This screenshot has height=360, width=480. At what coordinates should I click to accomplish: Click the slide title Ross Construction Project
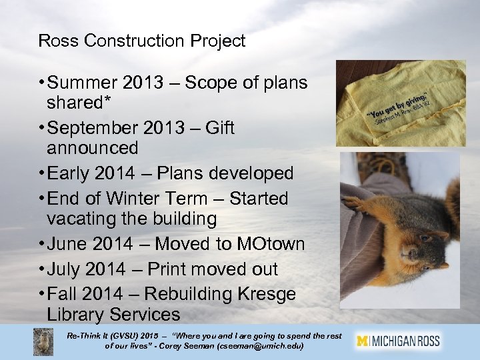pos(142,41)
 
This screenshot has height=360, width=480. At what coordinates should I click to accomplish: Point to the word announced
pos(93,147)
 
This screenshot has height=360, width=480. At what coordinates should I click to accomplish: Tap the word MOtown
pos(271,244)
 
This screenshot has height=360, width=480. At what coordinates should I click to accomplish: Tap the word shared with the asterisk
pos(74,103)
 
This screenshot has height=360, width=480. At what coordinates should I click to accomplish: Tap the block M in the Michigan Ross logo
pos(363,341)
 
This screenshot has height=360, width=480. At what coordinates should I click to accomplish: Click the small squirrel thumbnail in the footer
pos(43,341)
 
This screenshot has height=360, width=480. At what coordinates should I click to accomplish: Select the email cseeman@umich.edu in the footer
pos(259,347)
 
